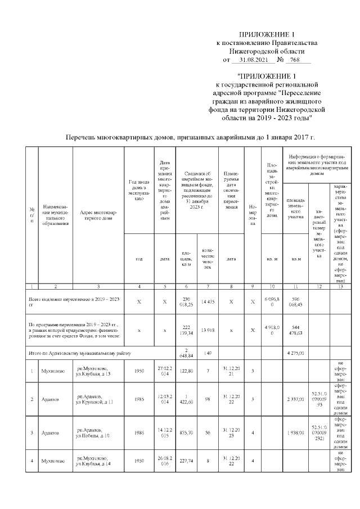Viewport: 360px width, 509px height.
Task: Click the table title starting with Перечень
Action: click(190, 137)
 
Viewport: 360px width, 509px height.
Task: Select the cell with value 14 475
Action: click(208, 301)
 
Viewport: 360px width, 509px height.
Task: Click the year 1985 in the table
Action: click(139, 400)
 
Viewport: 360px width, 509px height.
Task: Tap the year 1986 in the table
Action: click(139, 433)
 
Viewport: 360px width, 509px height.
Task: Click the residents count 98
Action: click(208, 400)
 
